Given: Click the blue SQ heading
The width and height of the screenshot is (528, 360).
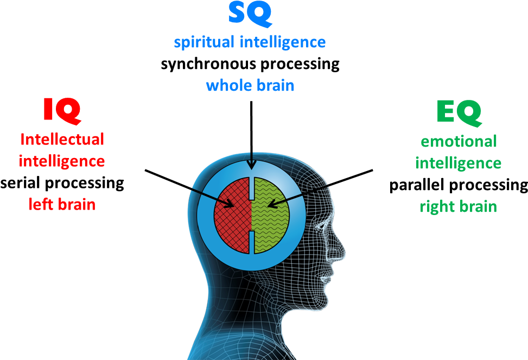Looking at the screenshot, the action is coord(250,14).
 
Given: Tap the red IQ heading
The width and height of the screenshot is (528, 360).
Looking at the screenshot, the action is coord(62,111).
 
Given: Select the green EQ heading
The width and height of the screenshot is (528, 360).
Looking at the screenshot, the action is coord(459,113).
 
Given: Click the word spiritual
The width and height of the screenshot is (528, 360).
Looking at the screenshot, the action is coord(205,42).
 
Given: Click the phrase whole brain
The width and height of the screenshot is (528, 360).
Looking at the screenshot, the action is coord(250,85).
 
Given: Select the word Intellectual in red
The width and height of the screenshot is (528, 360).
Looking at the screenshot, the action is coord(62,139).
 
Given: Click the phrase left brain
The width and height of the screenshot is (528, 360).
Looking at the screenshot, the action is coord(62,204).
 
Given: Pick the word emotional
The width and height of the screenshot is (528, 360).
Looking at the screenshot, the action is coord(459,141).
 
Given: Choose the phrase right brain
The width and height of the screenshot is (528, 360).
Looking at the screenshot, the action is coord(459,207).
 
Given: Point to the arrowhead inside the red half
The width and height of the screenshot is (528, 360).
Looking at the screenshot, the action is coord(229,203).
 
